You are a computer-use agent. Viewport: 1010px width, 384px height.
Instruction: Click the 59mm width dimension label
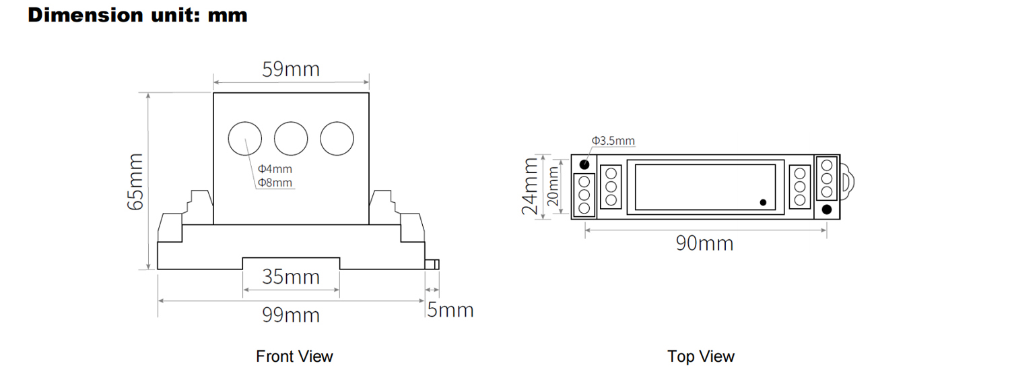291,69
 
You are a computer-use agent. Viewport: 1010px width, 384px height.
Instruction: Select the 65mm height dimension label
135,182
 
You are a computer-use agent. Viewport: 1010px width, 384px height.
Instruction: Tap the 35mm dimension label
291,276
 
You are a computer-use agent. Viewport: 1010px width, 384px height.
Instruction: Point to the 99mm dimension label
291,315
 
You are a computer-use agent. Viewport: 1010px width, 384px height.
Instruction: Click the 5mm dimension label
450,309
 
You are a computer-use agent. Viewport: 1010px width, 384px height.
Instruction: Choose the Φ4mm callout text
275,169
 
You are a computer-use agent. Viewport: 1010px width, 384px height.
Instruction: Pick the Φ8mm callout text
275,183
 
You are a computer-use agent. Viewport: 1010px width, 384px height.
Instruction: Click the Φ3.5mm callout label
613,141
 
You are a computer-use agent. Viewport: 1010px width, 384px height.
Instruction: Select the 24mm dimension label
530,186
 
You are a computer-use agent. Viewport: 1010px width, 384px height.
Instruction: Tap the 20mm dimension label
553,186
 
